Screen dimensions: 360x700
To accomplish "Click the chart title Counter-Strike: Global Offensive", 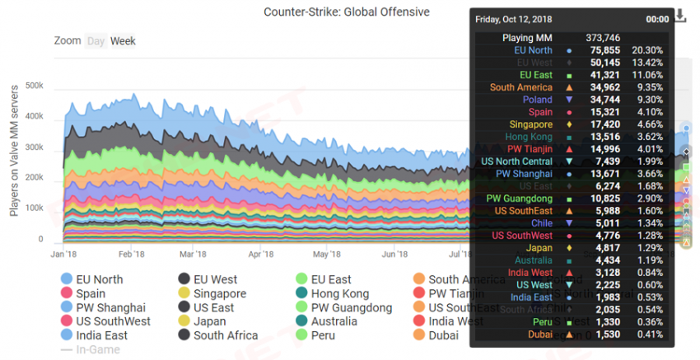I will [346, 12].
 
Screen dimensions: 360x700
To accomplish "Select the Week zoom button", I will [123, 40].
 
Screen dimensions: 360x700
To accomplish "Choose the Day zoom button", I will [96, 40].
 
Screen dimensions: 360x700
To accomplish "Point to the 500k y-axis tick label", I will [34, 85].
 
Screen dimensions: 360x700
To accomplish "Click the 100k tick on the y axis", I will [34, 208].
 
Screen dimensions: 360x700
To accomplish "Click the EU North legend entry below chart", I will [99, 279].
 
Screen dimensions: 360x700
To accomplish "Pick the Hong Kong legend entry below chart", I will [339, 293].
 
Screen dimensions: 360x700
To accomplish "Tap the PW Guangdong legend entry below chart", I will [348, 307].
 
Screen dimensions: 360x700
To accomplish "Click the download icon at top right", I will [680, 16].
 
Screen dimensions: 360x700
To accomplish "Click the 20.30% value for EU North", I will [647, 50].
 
